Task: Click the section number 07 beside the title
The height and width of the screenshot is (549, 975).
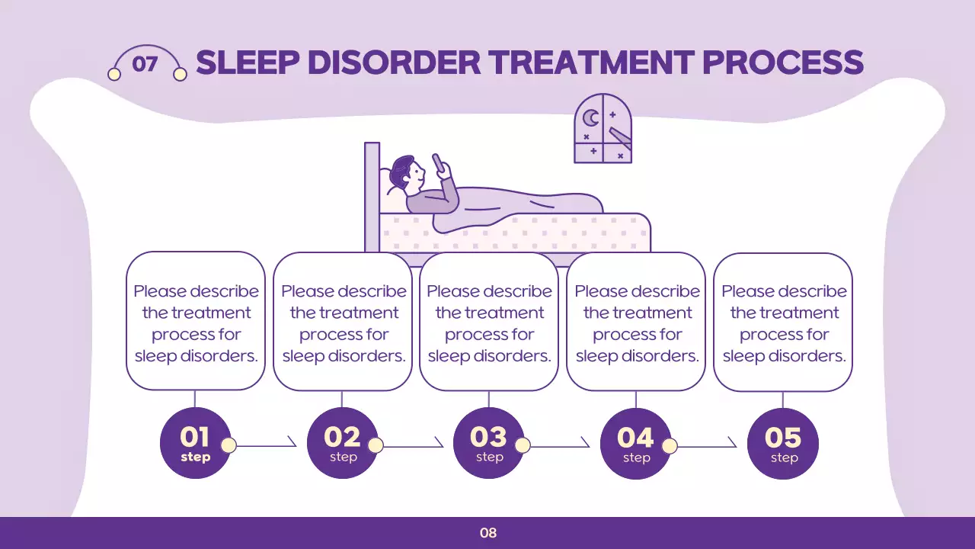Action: pyautogui.click(x=145, y=64)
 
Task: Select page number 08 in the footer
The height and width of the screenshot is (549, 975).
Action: pyautogui.click(x=488, y=533)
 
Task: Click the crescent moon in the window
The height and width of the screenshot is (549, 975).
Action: pyautogui.click(x=591, y=118)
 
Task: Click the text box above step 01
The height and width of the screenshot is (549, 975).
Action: pyautogui.click(x=196, y=321)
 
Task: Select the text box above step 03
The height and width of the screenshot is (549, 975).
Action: pyautogui.click(x=489, y=321)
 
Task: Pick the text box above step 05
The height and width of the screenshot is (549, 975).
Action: pyautogui.click(x=783, y=322)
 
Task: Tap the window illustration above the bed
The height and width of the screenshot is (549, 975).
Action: pyautogui.click(x=603, y=128)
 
